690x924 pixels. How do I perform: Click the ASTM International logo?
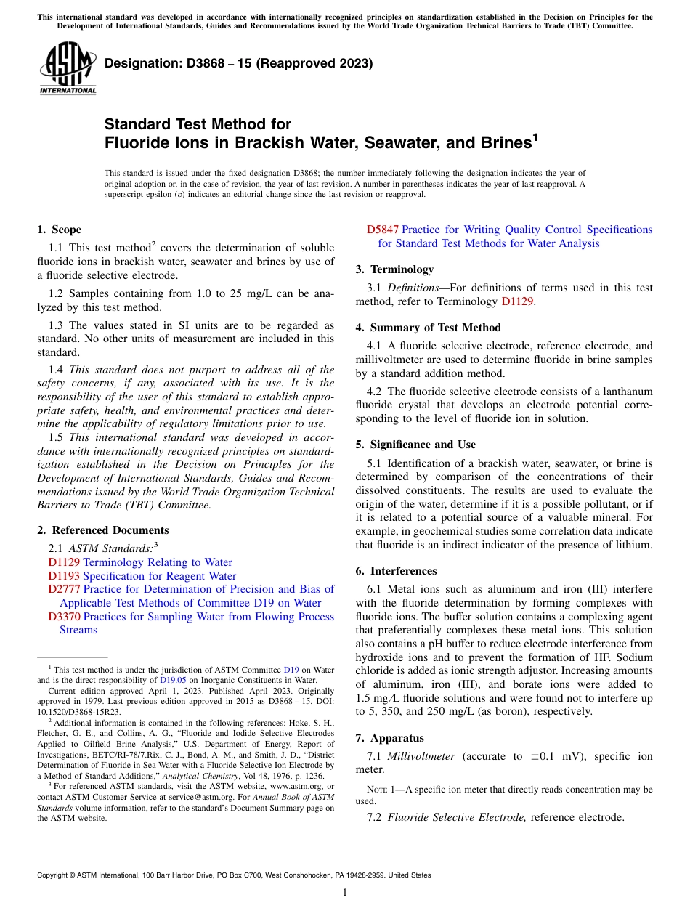[x=67, y=69]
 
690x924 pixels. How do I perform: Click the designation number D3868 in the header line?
[x=193, y=63]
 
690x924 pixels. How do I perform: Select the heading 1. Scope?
[x=59, y=230]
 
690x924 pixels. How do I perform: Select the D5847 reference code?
[x=382, y=230]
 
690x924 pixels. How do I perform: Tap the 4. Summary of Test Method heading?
[x=428, y=328]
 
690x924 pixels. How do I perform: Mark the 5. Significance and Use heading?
[x=415, y=445]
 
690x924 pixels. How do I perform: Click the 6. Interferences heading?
[x=396, y=571]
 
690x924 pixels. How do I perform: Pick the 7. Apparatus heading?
[x=389, y=738]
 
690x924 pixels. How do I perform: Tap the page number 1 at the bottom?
[x=345, y=893]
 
